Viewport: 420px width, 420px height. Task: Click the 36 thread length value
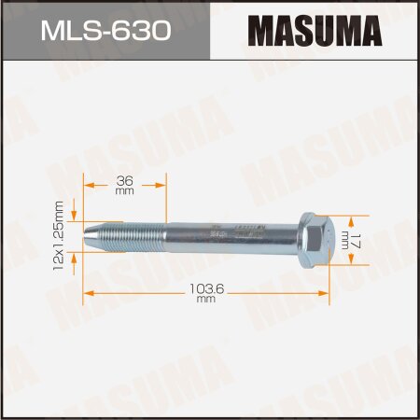click(123, 179)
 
